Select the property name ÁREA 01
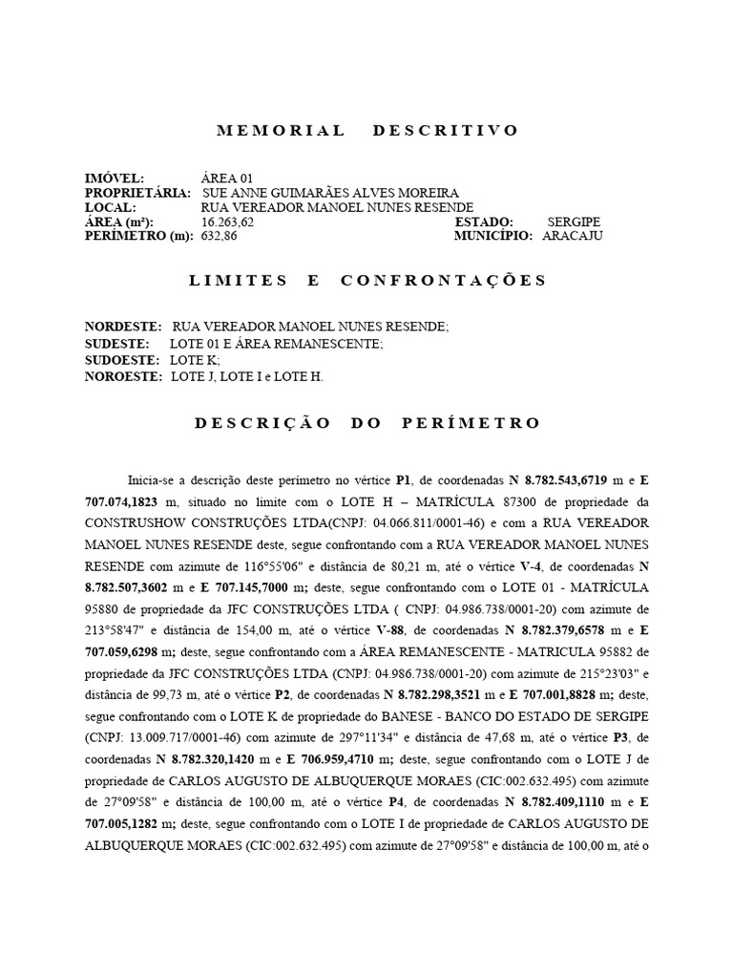227,179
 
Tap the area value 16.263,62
228,222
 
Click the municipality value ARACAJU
573,236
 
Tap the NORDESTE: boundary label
123,327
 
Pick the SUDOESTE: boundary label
122,360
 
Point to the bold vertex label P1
403,478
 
